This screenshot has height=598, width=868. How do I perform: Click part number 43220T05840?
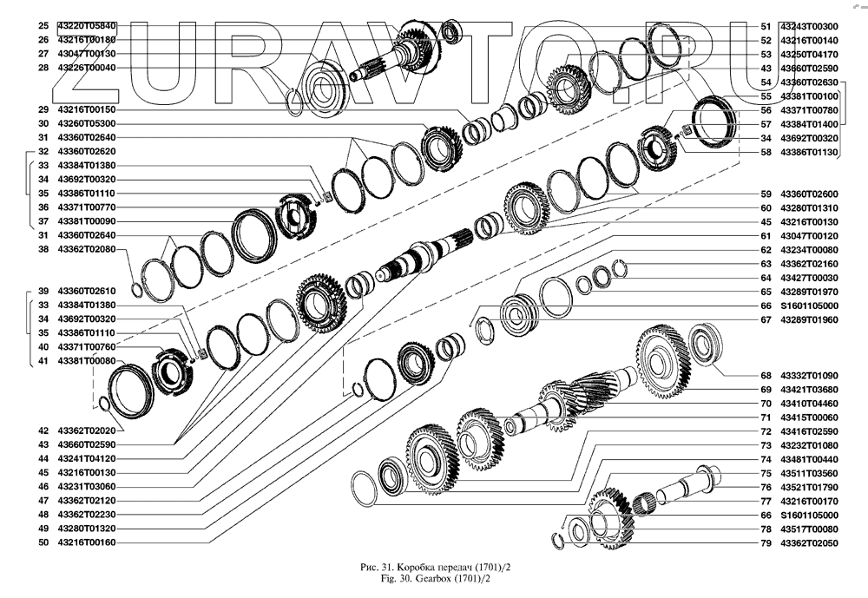pos(86,26)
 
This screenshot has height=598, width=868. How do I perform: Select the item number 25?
pos(43,26)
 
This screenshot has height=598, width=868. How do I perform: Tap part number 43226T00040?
pos(86,68)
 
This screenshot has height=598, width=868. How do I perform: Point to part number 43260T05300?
pos(86,123)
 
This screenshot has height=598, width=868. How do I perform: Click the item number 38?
pos(43,249)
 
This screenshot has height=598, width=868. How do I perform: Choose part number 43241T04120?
pos(86,458)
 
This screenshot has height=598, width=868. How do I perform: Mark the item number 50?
pos(43,542)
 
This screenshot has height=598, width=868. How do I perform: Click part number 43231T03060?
pos(86,486)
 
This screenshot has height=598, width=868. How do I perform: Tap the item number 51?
pos(766,26)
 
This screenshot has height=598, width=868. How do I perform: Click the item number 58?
pos(766,152)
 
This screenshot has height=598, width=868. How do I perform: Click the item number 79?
pos(766,542)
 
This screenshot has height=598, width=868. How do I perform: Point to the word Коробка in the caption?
pos(401,567)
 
